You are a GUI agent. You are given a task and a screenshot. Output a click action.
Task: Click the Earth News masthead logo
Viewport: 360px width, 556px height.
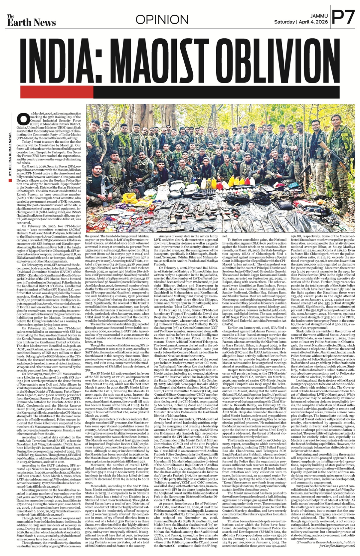pyautogui.click(x=31, y=21)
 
